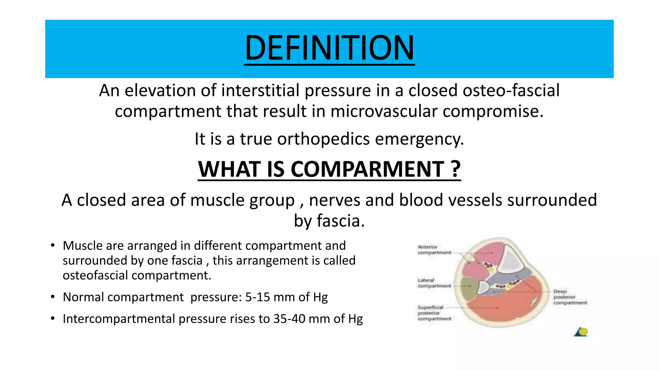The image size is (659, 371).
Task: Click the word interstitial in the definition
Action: [x=262, y=90]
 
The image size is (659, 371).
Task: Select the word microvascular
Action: [x=384, y=111]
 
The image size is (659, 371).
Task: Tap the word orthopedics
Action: [x=323, y=139]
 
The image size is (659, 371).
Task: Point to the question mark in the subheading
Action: [x=456, y=169]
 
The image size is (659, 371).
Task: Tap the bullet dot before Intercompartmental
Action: [x=53, y=319]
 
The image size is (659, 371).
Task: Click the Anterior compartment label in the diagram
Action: [x=434, y=250]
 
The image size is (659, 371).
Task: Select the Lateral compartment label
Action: [x=434, y=283]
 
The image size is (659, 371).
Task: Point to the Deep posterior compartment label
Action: [x=570, y=297]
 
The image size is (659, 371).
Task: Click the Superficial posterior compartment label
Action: [x=434, y=313]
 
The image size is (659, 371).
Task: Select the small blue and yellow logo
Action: [x=581, y=332]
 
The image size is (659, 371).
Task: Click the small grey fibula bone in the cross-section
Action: [x=483, y=287]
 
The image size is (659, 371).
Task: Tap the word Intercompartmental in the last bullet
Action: [x=119, y=319]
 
